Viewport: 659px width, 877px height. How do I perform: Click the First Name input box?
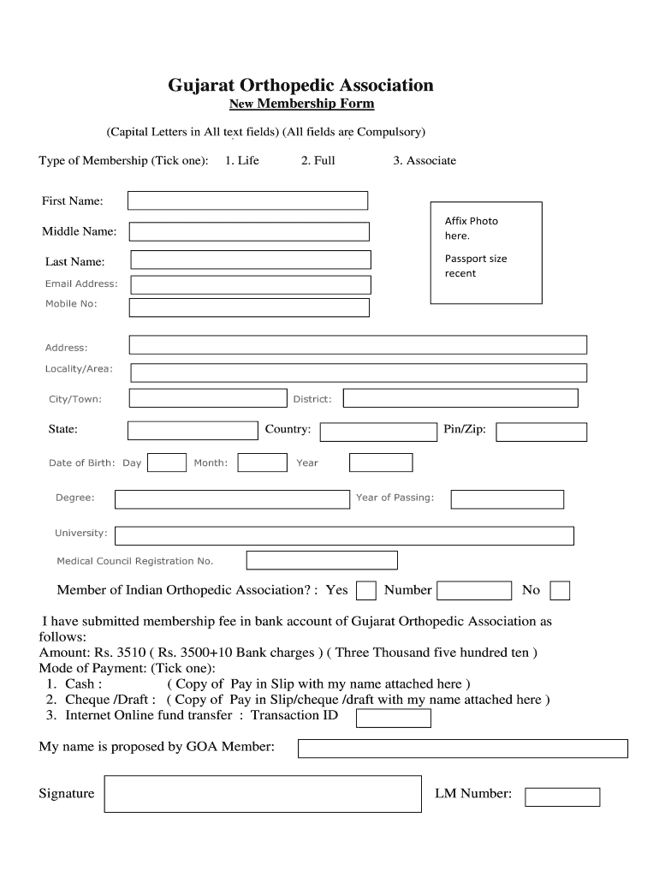247,200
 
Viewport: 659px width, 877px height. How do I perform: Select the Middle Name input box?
249,231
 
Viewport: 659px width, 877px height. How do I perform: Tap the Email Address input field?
250,284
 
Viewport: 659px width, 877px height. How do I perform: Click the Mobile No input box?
249,307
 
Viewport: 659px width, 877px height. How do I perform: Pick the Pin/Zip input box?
541,433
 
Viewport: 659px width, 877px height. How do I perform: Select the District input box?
460,398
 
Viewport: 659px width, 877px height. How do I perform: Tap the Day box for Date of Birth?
167,462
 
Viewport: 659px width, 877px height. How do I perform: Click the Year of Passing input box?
507,498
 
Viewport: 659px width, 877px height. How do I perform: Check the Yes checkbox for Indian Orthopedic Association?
365,591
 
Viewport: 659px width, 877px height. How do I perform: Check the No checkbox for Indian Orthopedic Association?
560,591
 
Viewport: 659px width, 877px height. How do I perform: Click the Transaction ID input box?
393,718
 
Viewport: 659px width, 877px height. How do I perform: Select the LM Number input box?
562,796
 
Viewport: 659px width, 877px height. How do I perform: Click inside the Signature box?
263,794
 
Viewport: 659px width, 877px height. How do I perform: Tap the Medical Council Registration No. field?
322,560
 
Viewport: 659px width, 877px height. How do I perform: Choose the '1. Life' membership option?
241,160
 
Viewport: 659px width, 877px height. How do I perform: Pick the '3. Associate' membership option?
424,160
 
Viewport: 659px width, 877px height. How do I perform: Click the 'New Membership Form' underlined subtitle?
301,104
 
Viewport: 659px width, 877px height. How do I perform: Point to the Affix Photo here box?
485,253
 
